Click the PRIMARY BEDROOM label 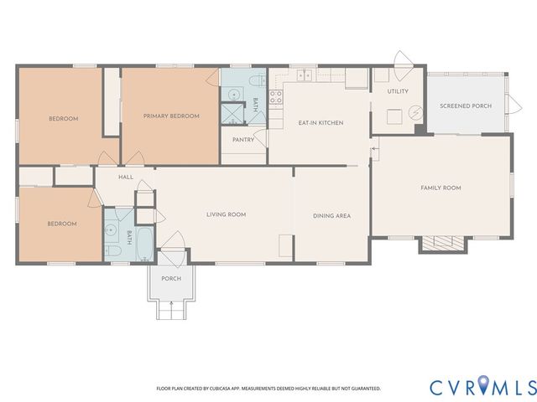pyautogui.click(x=171, y=116)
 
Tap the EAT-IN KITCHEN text pyautogui.click(x=321, y=123)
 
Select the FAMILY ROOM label pyautogui.click(x=441, y=188)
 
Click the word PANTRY pyautogui.click(x=243, y=140)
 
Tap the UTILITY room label pyautogui.click(x=397, y=90)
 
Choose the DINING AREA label pyautogui.click(x=331, y=215)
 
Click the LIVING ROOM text pyautogui.click(x=226, y=215)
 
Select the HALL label pyautogui.click(x=126, y=177)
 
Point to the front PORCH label pyautogui.click(x=171, y=279)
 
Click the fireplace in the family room pyautogui.click(x=442, y=244)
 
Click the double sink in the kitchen pyautogui.click(x=305, y=75)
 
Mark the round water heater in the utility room pyautogui.click(x=414, y=112)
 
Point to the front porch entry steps pyautogui.click(x=171, y=310)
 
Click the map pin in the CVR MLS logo pyautogui.click(x=486, y=386)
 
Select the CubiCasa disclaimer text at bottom pyautogui.click(x=268, y=389)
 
